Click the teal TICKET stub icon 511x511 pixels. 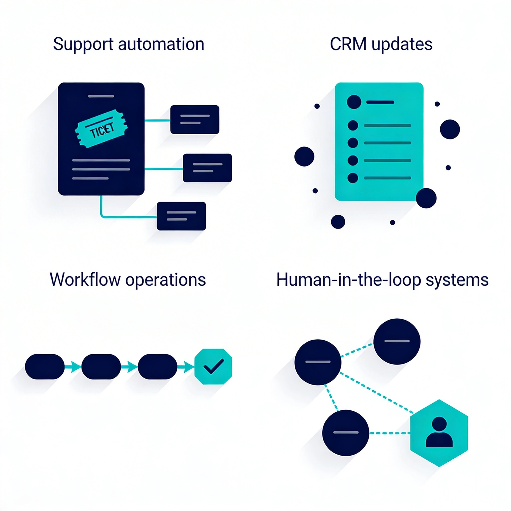[x=101, y=129]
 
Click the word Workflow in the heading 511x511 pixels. [x=85, y=279]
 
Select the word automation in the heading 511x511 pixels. [x=161, y=44]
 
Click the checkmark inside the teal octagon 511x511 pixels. [x=213, y=366]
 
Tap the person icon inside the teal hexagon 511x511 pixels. [x=439, y=432]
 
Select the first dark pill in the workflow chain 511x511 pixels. [x=45, y=367]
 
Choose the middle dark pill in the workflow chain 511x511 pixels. [x=101, y=367]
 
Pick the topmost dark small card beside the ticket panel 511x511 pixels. [x=195, y=120]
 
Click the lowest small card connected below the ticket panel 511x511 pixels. [x=181, y=216]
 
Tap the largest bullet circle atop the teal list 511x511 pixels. [x=354, y=102]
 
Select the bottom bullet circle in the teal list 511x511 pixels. [x=353, y=178]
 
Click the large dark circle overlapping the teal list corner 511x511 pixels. [x=426, y=198]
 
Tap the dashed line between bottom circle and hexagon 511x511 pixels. [x=389, y=433]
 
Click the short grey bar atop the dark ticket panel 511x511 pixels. [x=101, y=96]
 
